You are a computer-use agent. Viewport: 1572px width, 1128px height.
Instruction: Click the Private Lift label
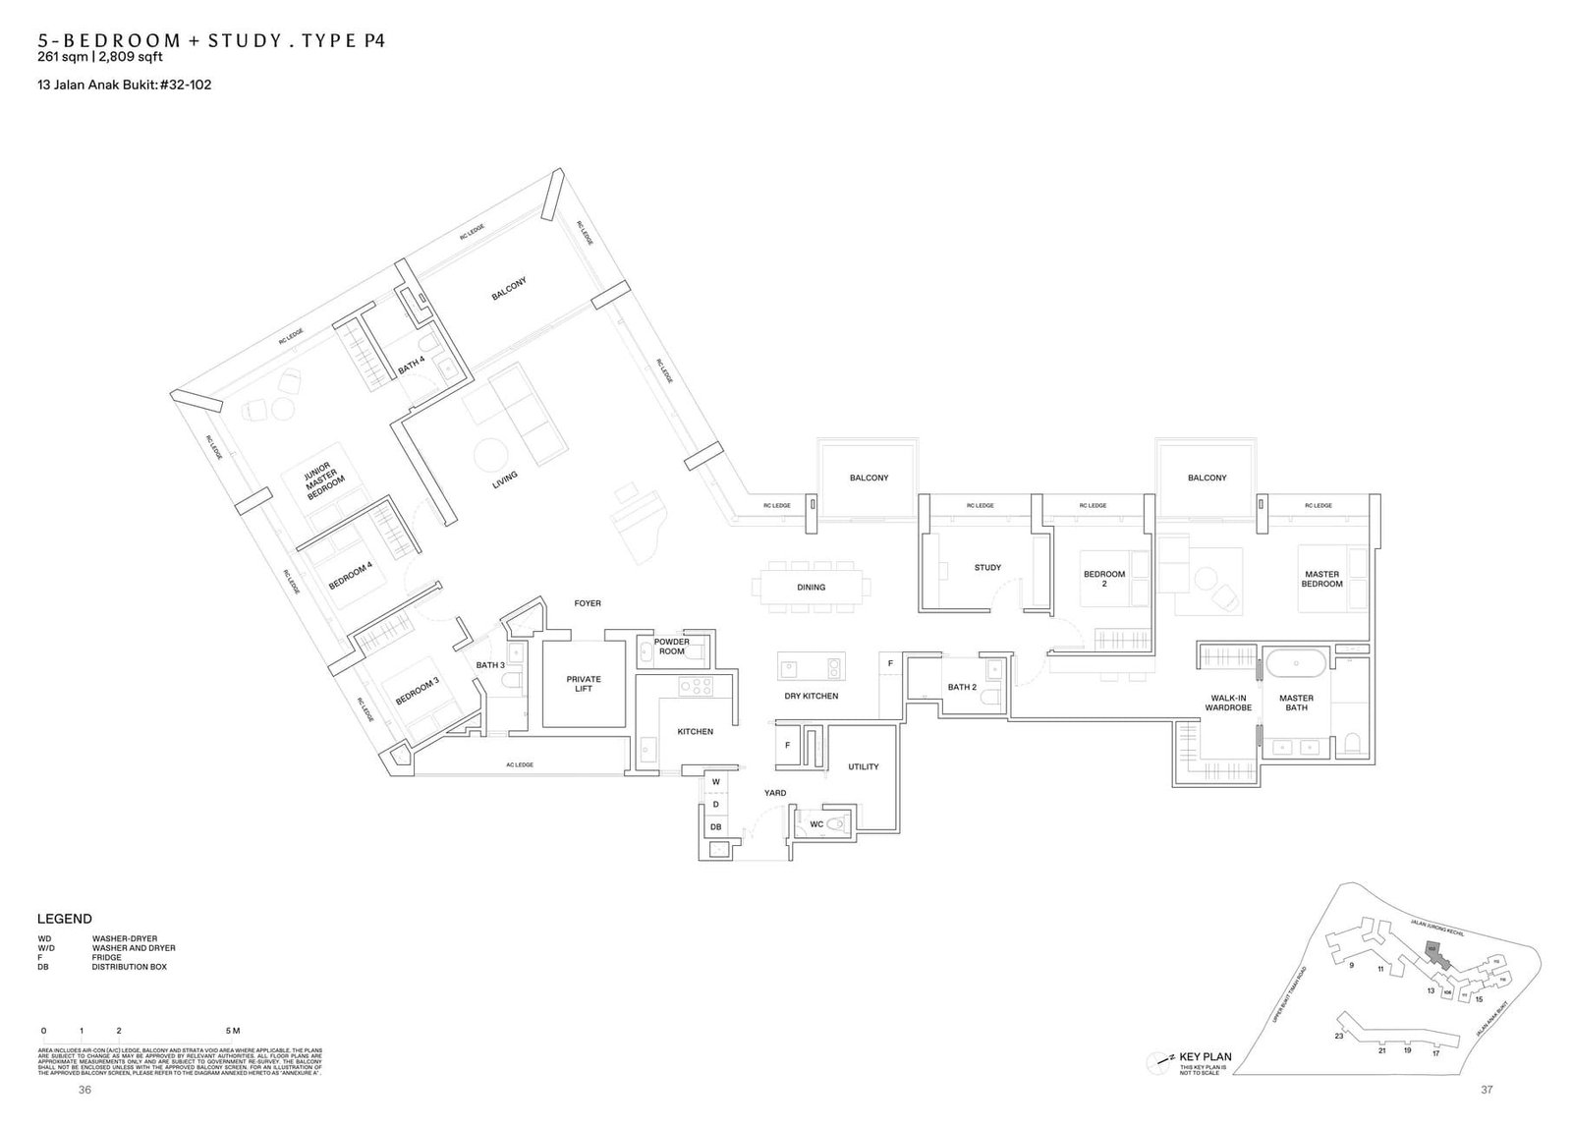[x=584, y=684]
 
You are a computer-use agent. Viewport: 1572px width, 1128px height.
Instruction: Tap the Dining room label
[x=812, y=588]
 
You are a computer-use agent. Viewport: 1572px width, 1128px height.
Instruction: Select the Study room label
[x=987, y=568]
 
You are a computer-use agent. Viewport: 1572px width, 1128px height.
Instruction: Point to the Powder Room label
[x=672, y=647]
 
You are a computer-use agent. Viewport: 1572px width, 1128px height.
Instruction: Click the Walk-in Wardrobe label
[x=1228, y=703]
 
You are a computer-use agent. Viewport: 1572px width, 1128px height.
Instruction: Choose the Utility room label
[x=864, y=766]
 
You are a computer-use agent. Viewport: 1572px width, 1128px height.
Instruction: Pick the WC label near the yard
[x=816, y=824]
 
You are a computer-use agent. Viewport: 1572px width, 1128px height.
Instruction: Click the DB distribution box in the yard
[x=715, y=827]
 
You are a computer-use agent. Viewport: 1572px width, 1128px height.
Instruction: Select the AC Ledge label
[x=520, y=764]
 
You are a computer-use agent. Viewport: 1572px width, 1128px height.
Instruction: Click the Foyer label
[x=588, y=603]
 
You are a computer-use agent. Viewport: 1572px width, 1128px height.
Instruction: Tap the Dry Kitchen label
[x=812, y=696]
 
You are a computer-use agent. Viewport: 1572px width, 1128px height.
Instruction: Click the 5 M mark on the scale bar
[x=233, y=1031]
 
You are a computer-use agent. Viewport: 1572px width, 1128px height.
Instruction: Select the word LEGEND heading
[x=65, y=919]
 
